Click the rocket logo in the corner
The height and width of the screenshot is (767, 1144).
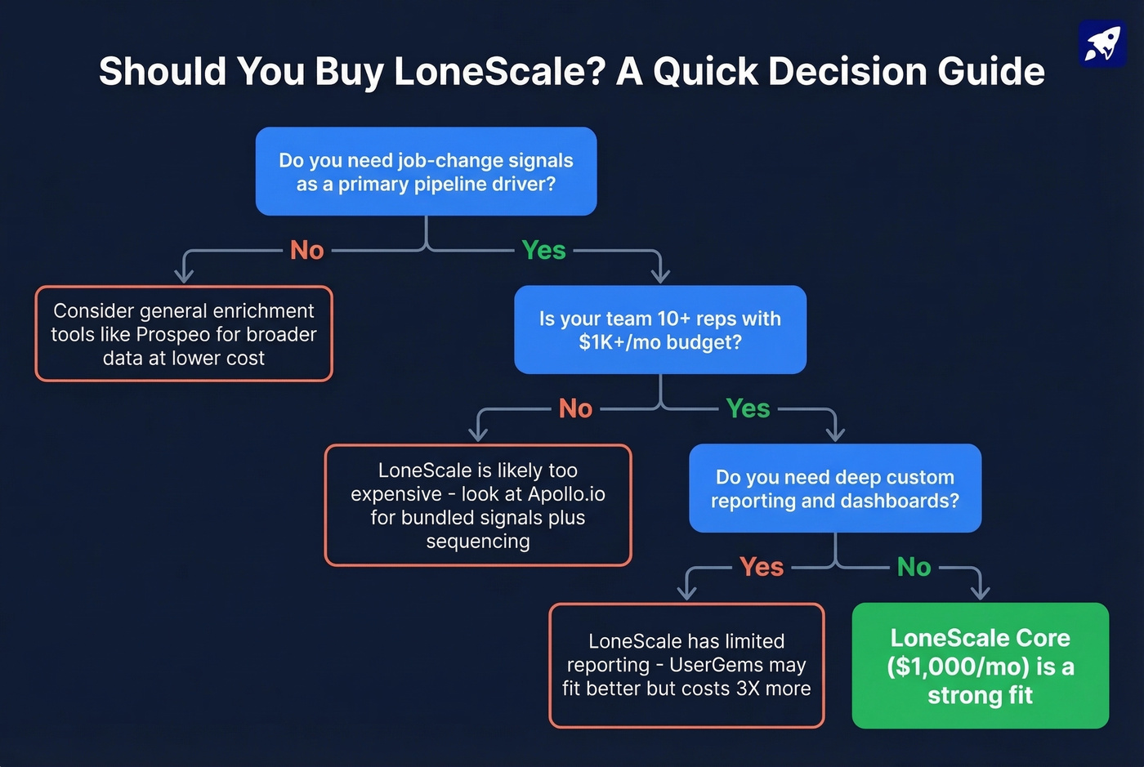click(x=1102, y=43)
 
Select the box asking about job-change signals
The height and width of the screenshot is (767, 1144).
click(x=426, y=172)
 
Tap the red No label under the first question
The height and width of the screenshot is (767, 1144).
click(x=307, y=250)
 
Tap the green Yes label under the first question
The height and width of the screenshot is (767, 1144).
click(x=543, y=250)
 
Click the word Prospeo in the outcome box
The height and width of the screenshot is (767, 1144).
click(x=173, y=335)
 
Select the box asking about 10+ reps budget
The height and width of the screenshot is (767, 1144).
click(x=659, y=330)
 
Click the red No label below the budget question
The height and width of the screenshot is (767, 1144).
click(x=575, y=408)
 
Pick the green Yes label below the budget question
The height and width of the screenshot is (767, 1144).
click(x=748, y=408)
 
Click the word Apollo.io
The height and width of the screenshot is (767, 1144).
click(x=566, y=494)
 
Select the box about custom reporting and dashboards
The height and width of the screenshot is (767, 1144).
click(x=834, y=488)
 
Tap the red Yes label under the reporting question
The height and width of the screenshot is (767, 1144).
click(x=761, y=567)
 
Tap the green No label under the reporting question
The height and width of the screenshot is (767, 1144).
click(x=914, y=567)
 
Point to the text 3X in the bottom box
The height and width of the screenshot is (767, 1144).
click(x=748, y=689)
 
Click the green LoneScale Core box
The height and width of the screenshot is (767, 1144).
click(x=980, y=666)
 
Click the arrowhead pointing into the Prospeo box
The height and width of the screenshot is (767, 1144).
click(x=185, y=276)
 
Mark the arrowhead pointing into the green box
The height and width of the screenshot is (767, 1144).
click(x=980, y=592)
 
